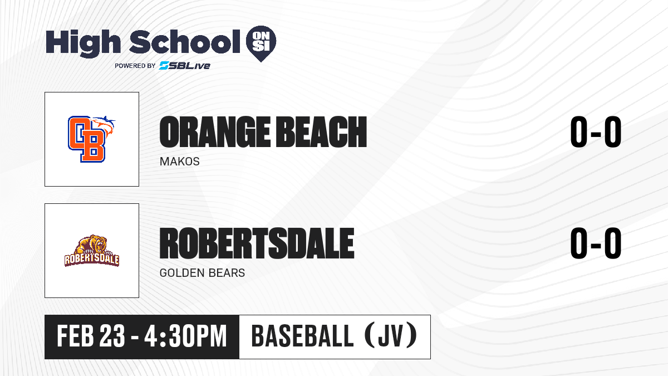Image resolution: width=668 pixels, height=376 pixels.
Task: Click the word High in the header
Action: click(x=83, y=43)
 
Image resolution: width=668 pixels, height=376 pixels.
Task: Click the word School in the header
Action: click(x=185, y=42)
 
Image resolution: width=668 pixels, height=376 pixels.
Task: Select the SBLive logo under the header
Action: click(x=185, y=66)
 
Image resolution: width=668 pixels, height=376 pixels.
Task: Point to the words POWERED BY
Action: click(x=135, y=66)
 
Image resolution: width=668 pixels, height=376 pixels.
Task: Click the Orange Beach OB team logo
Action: click(x=91, y=139)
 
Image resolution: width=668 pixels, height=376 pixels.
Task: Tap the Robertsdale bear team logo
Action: click(x=92, y=251)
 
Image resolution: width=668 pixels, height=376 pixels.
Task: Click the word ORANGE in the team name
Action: click(x=215, y=132)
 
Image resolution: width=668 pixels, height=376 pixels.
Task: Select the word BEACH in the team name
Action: click(x=321, y=132)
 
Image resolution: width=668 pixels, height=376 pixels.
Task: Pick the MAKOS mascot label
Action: click(x=179, y=162)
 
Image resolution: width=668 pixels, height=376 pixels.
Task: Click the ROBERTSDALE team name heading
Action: click(x=257, y=243)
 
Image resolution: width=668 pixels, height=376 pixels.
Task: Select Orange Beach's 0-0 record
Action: click(x=596, y=132)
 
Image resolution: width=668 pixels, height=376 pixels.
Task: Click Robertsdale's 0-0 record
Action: click(x=596, y=243)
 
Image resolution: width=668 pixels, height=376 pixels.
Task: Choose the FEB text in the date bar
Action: click(x=76, y=336)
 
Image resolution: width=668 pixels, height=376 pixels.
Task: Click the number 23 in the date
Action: click(x=112, y=336)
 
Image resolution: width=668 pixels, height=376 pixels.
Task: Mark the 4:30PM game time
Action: click(x=185, y=336)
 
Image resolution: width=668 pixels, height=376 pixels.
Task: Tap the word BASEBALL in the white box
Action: click(x=303, y=336)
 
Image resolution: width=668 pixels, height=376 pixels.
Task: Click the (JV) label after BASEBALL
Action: click(x=391, y=336)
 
